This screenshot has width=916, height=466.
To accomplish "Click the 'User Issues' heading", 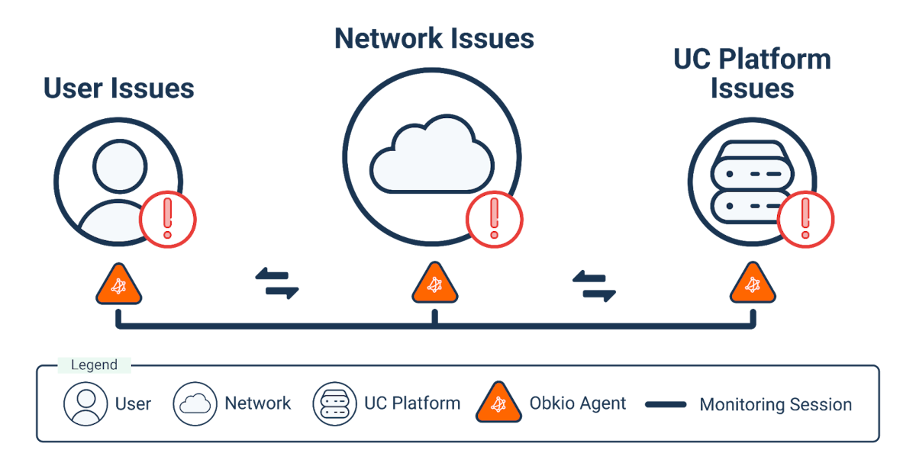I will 119,88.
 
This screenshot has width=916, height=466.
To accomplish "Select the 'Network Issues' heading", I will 434,38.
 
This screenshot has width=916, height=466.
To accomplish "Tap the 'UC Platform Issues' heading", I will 752,74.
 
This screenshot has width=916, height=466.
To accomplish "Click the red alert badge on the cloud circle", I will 494,220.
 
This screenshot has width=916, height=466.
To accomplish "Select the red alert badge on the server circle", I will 805,220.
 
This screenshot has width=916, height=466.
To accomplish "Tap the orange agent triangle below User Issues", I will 118,285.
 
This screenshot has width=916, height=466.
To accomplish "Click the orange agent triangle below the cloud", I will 434,285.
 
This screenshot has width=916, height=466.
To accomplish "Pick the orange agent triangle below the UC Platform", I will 753,285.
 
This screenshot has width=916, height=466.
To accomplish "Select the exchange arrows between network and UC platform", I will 594,284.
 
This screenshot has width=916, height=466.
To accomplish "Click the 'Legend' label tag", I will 94,365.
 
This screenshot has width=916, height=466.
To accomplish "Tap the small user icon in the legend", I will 85,403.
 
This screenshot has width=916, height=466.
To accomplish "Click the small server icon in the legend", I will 334,403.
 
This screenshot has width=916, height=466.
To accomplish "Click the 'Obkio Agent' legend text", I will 578,403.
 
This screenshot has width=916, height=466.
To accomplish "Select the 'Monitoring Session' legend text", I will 776,404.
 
